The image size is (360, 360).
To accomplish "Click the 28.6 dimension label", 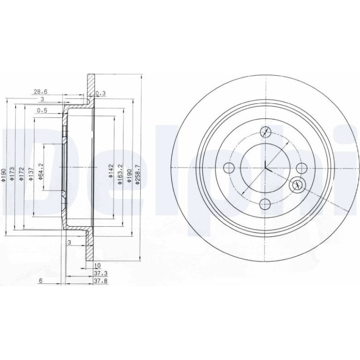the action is tap(41, 92).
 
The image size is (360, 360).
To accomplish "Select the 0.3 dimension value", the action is tap(101, 93).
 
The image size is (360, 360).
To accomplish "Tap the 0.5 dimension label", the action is tap(42, 110).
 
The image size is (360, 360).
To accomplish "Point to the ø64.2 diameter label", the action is tap(41, 171).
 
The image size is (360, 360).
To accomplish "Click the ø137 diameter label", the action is tap(31, 173).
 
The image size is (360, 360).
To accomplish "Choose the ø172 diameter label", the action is tap(22, 173).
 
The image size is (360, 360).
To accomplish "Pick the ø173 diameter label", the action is tap(12, 173).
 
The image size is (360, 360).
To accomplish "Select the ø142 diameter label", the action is tap(111, 171).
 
